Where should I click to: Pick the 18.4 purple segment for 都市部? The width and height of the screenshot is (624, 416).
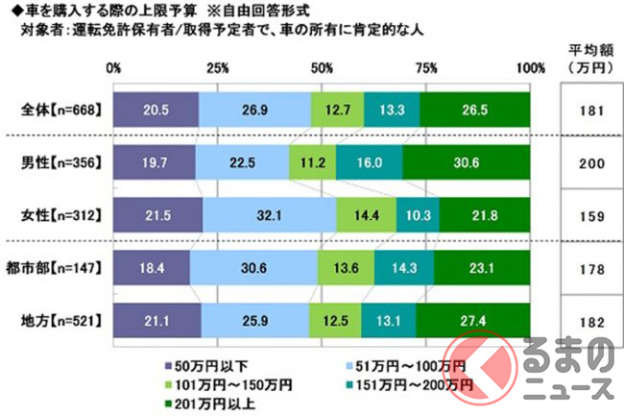click(151, 268)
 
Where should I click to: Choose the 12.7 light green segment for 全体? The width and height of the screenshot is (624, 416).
click(338, 110)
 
